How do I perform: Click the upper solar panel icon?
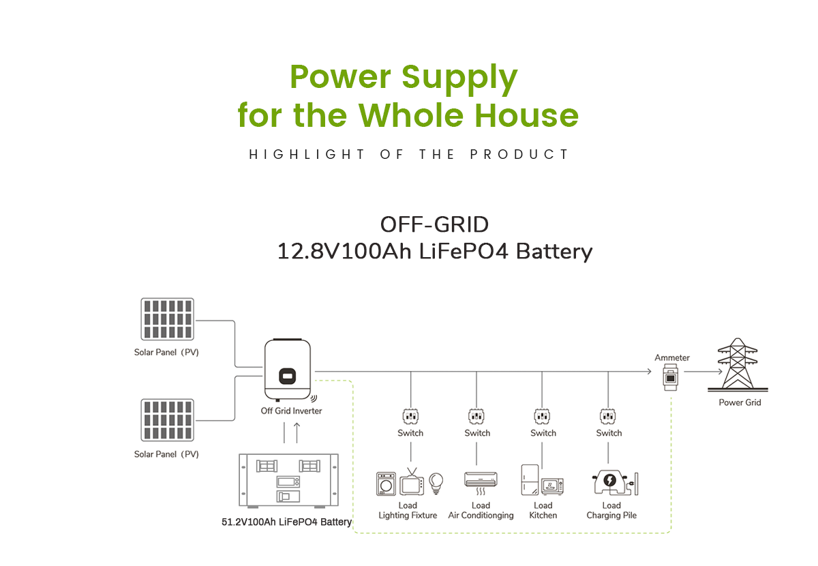pos(168,319)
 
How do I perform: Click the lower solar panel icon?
pos(168,421)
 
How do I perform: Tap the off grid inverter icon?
pos(288,371)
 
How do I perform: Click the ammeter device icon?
pos(671,376)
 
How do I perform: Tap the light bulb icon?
pos(434,482)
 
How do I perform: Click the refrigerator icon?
pos(530,480)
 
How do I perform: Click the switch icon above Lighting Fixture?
pos(410,415)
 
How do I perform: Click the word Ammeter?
pos(672,357)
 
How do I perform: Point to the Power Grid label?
pos(740,402)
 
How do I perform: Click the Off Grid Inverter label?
pos(291,411)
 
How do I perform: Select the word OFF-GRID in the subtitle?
pos(434,224)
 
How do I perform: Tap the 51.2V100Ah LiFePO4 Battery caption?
pos(286,522)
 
